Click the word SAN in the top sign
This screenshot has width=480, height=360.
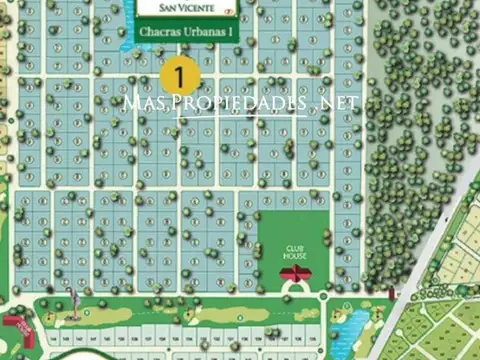(157, 9)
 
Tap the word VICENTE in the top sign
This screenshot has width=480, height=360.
(193, 9)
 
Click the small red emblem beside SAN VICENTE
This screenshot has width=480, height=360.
(229, 10)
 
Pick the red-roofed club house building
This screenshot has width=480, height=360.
(294, 272)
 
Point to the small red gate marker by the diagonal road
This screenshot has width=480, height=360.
(392, 294)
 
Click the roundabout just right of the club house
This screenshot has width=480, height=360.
(324, 295)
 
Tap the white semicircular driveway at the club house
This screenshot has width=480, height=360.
(294, 287)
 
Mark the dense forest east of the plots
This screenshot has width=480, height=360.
(420, 130)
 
